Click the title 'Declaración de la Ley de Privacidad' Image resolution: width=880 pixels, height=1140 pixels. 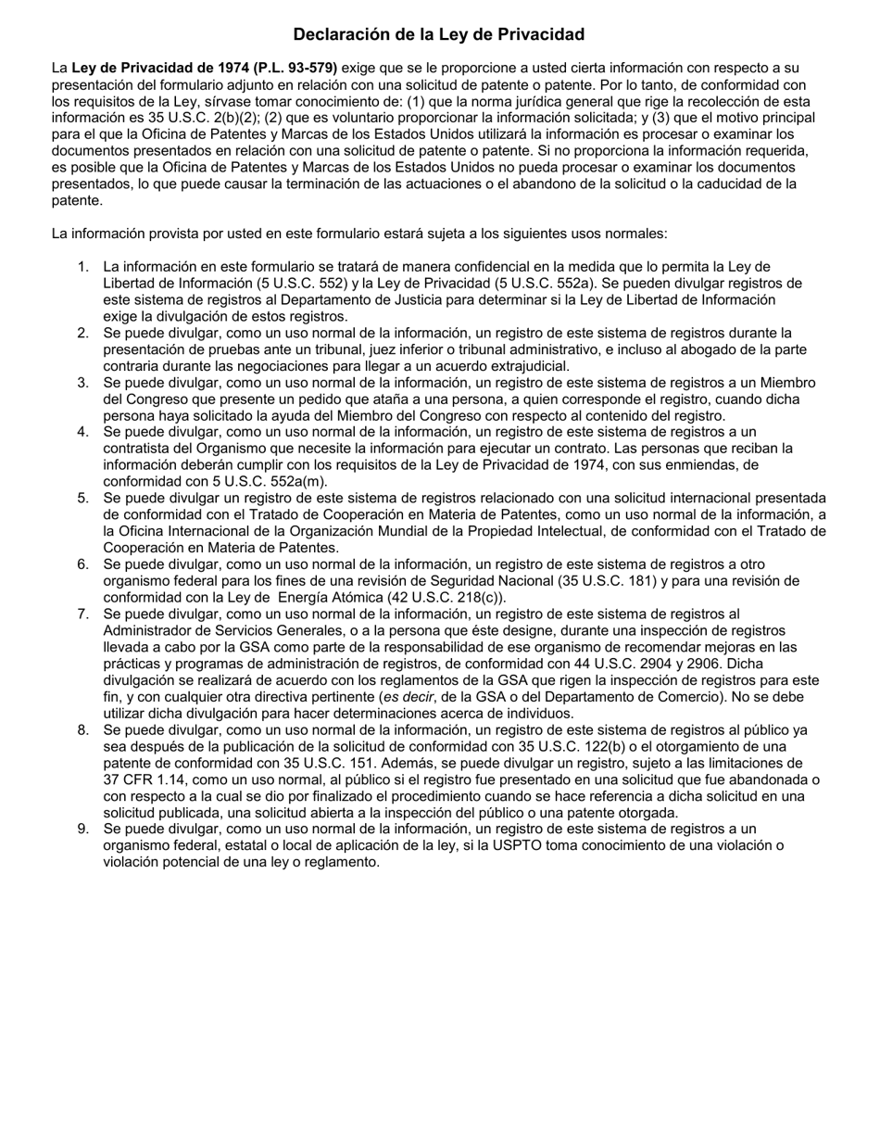439,34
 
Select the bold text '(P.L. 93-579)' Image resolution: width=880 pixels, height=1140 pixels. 295,68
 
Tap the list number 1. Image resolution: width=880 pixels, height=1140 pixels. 83,267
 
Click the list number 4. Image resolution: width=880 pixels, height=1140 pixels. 83,432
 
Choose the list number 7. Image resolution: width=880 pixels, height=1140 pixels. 83,614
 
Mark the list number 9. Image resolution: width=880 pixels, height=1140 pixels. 83,829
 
